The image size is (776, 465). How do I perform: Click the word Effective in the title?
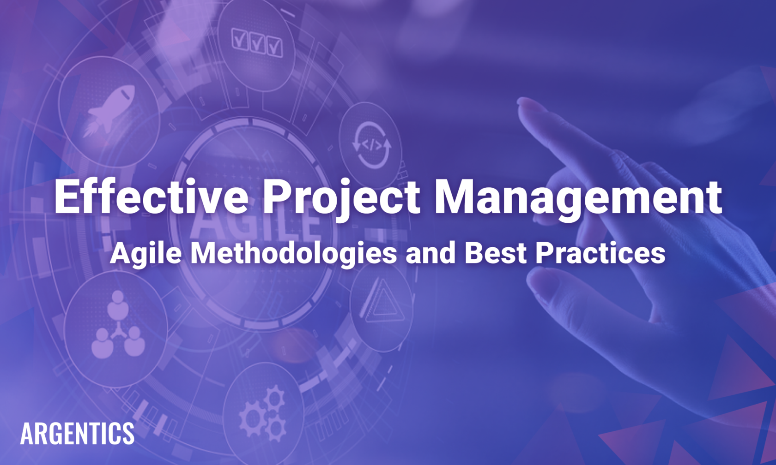151,197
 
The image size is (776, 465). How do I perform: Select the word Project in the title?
341,197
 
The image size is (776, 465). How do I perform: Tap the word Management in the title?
577,197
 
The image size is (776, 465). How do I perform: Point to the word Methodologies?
293,253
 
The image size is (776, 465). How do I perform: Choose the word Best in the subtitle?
495,253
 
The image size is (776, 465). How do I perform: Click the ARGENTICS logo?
77,434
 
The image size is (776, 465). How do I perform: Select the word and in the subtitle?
430,253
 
